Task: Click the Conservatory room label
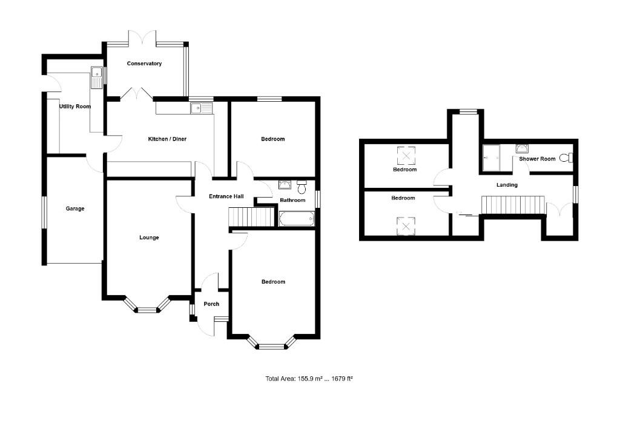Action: pos(144,64)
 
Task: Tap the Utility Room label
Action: pos(74,107)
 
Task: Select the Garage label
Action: pos(75,208)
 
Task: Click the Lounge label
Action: pos(149,238)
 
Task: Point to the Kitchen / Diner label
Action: pos(167,139)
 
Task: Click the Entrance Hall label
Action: pos(226,196)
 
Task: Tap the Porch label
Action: pos(211,304)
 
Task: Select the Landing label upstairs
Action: pos(507,185)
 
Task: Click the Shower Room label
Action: pos(537,159)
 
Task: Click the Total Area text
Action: pos(309,379)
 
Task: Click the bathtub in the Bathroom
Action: pos(297,218)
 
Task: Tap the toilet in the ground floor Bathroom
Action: pos(302,184)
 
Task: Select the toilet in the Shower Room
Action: pos(566,158)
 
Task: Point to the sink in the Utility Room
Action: pos(97,76)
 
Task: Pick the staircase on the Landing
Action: pos(513,205)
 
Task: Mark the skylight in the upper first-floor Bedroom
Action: pos(405,156)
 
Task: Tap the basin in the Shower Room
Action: pos(523,148)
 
